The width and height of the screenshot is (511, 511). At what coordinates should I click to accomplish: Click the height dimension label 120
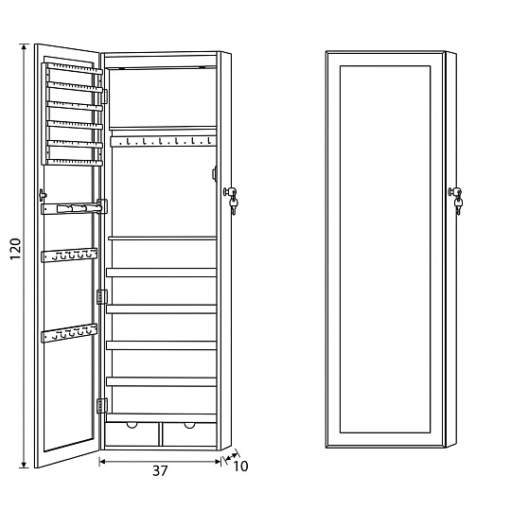pos(15,249)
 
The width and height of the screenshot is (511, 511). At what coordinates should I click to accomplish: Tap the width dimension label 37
pos(160,470)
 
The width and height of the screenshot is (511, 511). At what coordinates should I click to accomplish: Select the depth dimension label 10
pos(240,467)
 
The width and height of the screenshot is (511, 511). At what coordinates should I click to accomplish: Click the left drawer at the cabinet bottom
pos(132,433)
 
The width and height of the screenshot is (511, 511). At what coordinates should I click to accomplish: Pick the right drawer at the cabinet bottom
pos(189,433)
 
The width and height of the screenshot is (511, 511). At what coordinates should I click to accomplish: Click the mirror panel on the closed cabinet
pos(385,249)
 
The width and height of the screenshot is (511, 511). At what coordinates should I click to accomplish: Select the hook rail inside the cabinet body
pos(163,141)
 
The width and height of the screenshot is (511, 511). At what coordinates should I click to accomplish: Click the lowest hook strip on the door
pos(69,333)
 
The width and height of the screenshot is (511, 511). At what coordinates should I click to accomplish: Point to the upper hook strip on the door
pos(69,255)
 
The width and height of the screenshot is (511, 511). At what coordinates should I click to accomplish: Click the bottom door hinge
pos(102,406)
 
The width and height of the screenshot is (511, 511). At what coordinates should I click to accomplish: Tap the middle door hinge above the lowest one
pos(102,297)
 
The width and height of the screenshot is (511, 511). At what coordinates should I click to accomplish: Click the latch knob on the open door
pos(43,195)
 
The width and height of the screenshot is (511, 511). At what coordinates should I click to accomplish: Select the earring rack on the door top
pos(72,115)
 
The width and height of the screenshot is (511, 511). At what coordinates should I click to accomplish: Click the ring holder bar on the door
pos(74,208)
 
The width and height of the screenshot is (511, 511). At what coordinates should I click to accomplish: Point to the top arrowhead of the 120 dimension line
pos(24,46)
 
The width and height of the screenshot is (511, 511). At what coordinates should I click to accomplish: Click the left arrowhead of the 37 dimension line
pos(102,461)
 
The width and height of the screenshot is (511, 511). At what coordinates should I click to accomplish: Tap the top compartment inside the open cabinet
pos(163,97)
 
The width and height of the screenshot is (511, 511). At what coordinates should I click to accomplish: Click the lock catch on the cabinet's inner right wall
pos(215,173)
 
